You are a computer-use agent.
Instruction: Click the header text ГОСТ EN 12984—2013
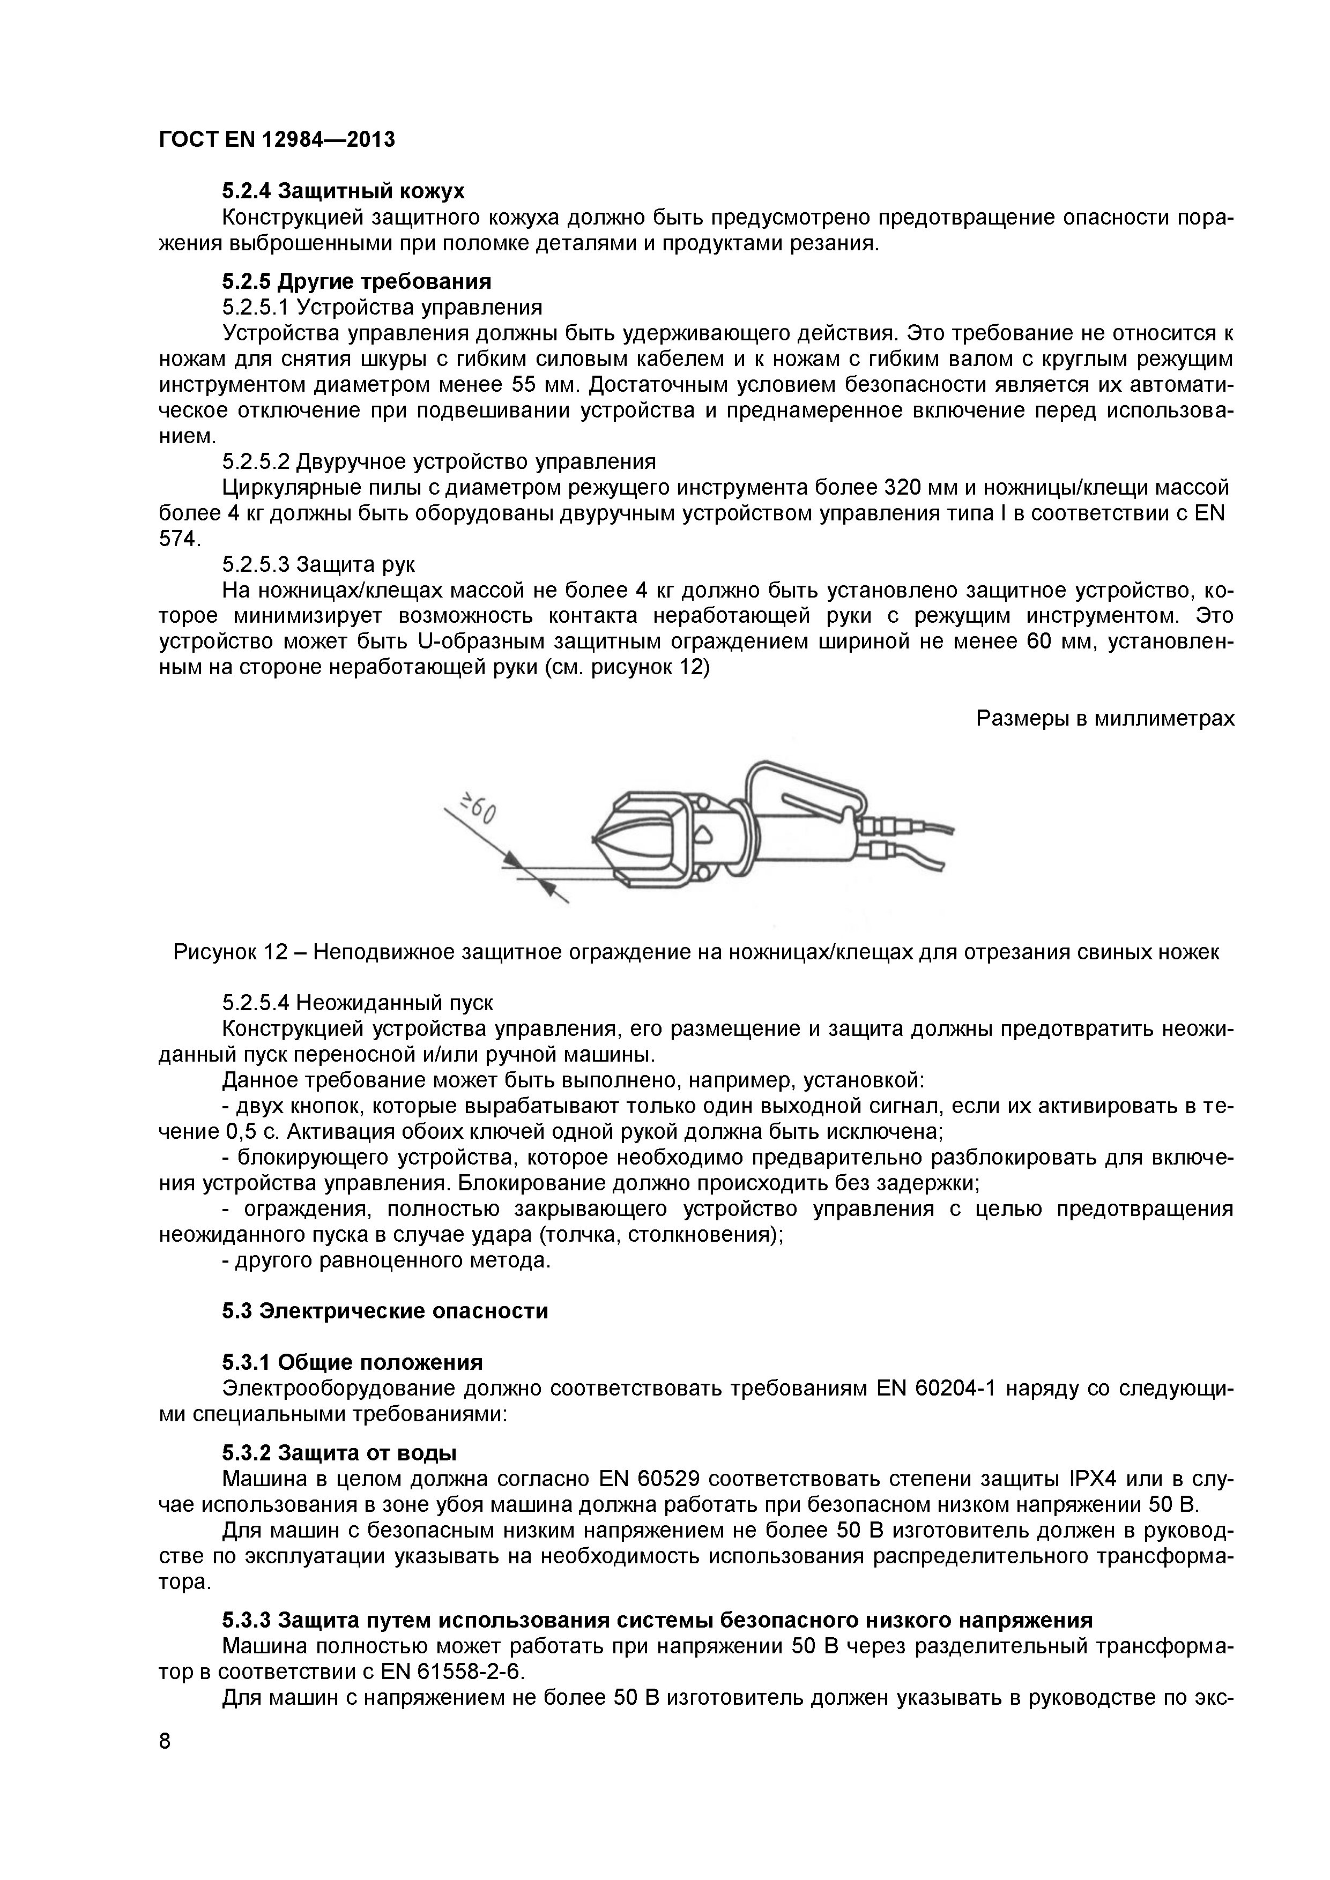[277, 139]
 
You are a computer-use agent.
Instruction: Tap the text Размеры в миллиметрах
[1105, 718]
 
